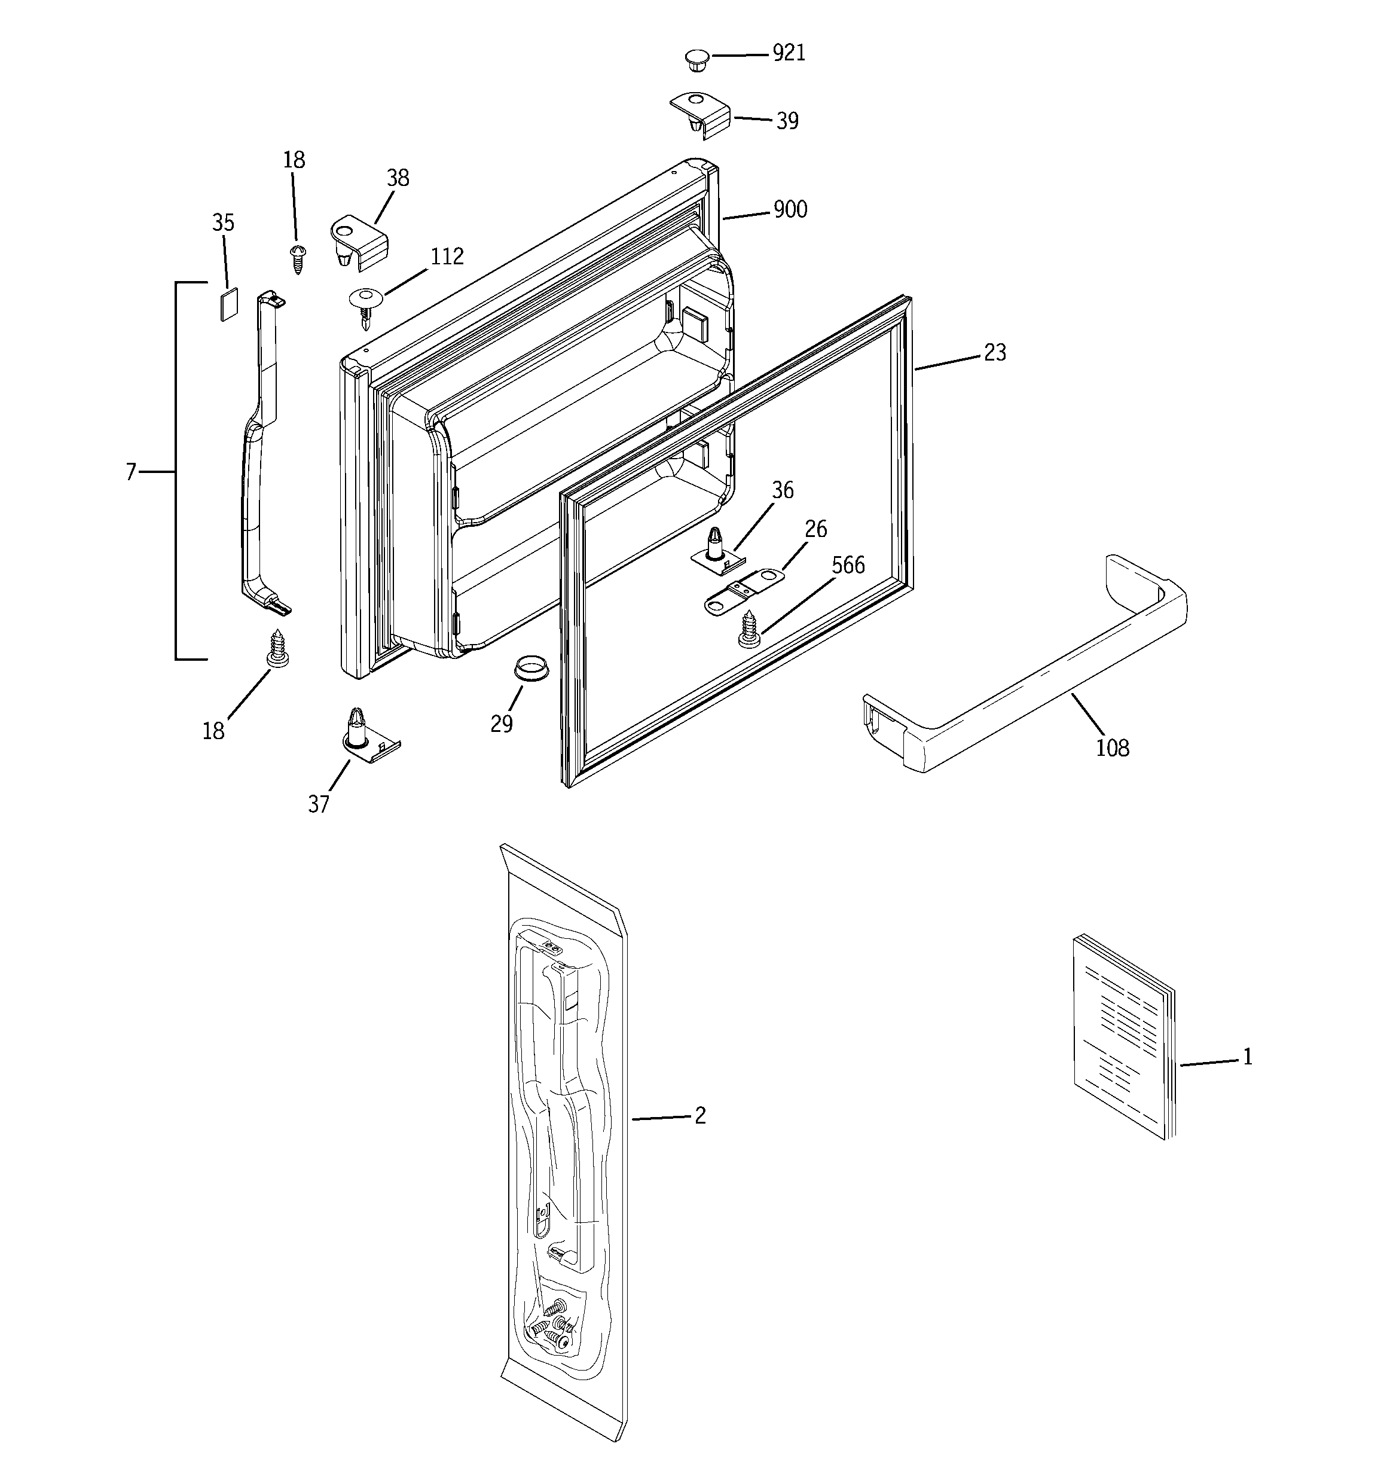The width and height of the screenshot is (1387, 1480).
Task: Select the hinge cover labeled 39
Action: click(x=701, y=115)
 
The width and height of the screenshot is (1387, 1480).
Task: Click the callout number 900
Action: click(x=790, y=209)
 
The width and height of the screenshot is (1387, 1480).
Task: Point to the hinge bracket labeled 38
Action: click(x=358, y=240)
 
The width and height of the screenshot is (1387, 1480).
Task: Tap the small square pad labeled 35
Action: click(x=230, y=304)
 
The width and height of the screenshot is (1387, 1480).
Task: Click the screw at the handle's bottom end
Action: click(x=277, y=649)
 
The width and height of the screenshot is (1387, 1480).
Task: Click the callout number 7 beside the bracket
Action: click(x=131, y=472)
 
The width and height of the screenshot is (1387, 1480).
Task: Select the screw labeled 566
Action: click(x=749, y=628)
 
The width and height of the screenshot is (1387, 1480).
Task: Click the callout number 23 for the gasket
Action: click(x=995, y=352)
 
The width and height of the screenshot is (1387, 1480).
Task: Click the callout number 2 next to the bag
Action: click(x=700, y=1115)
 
